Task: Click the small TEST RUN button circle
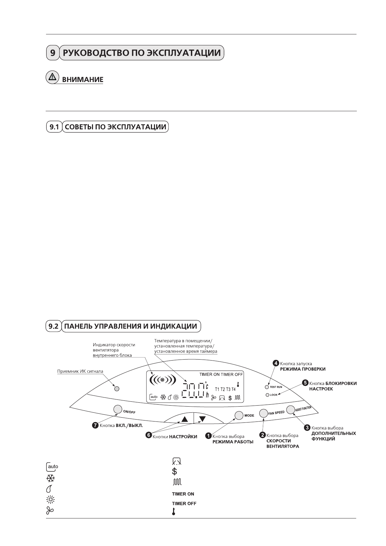(x=267, y=387)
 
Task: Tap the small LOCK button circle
(x=267, y=395)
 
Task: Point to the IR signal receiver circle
(x=117, y=388)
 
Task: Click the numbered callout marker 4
(x=276, y=363)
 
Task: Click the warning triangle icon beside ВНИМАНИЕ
(x=52, y=77)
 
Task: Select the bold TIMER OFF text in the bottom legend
(x=184, y=504)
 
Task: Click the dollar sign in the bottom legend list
(x=174, y=471)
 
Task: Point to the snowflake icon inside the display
(x=163, y=397)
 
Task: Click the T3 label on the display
(x=228, y=389)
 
